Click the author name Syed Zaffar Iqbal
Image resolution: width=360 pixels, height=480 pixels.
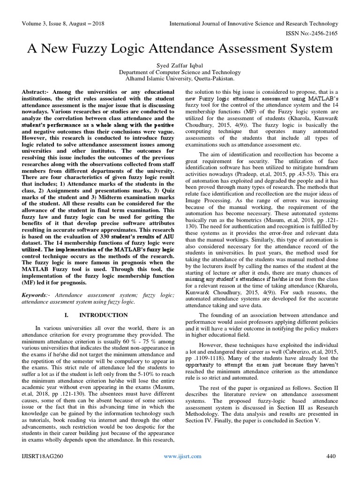tap(180, 64)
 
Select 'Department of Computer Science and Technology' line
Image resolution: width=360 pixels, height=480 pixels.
tap(180, 72)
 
